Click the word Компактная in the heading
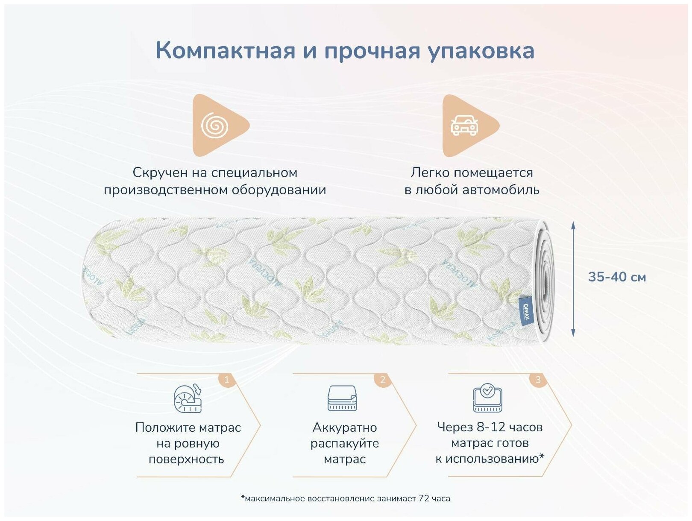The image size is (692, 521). tap(225, 50)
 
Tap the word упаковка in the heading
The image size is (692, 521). tap(481, 51)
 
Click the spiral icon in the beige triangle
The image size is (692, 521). tap(215, 126)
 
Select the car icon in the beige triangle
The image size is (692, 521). tap(465, 126)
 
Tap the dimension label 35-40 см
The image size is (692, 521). tap(617, 277)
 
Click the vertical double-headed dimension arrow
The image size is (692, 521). tap(573, 279)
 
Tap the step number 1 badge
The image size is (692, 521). tap(227, 379)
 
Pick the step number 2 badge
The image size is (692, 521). tap(382, 379)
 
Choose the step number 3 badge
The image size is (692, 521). tap(538, 379)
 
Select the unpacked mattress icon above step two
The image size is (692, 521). tap(342, 398)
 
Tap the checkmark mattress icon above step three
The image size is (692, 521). tap(487, 398)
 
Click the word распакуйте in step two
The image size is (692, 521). tap(344, 443)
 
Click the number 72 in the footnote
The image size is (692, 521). tap(424, 498)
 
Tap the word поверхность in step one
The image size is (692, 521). tap(186, 459)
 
